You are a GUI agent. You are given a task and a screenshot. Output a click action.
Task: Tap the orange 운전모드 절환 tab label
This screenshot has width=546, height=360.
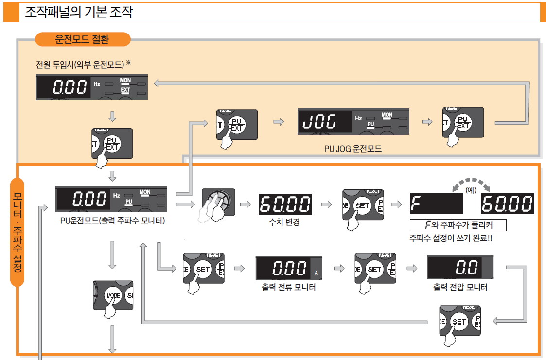point(82,39)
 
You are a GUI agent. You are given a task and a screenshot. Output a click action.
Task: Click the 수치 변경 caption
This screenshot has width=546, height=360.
point(284,223)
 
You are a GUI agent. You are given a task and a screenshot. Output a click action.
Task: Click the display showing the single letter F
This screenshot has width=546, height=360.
point(436,204)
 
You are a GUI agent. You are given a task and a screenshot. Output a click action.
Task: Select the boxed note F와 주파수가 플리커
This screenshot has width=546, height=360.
point(458,225)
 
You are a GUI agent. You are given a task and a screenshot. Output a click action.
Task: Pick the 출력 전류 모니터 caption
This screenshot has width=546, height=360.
point(289,287)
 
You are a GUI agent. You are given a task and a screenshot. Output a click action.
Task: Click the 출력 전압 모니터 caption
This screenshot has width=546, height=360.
point(460,287)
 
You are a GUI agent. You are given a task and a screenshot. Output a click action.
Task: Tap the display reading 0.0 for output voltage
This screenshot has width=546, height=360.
point(460,267)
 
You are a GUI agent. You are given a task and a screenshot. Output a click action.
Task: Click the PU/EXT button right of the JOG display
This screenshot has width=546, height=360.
point(462,122)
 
